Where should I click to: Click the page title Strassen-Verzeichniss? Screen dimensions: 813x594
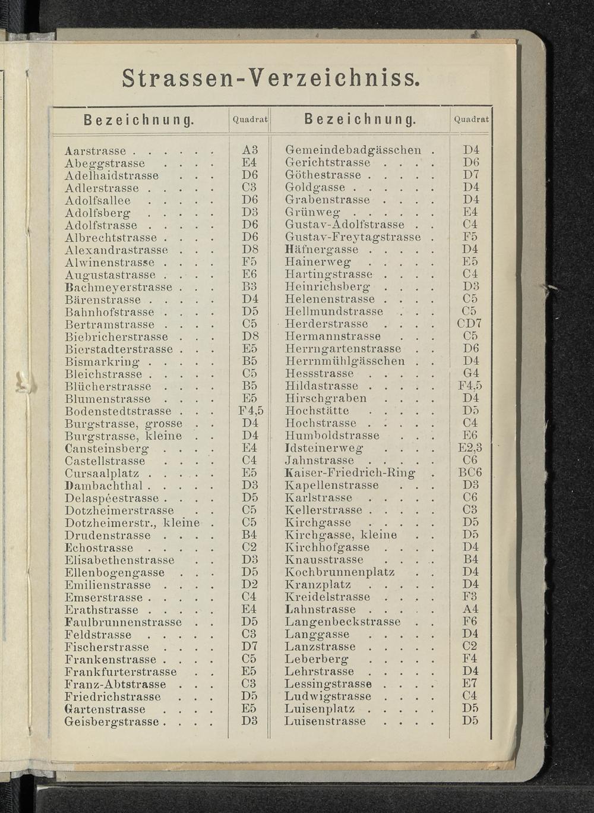271,77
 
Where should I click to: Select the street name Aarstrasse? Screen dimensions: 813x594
96,150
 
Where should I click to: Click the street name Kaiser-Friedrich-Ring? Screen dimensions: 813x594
350,473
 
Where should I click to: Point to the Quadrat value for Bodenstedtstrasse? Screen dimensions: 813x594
251,411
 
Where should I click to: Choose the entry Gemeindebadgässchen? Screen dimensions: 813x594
353,150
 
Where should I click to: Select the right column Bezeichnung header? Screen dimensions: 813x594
360,120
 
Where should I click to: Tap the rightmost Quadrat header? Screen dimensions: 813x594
471,119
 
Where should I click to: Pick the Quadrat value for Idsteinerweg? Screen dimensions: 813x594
470,448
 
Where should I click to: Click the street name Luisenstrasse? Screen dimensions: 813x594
326,721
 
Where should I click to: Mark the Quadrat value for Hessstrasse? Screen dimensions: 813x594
470,374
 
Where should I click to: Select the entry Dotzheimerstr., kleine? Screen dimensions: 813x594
132,523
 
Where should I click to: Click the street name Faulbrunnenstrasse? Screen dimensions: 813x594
124,622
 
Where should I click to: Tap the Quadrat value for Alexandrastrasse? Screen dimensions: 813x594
249,250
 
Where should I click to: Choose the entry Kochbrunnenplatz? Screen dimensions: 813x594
340,572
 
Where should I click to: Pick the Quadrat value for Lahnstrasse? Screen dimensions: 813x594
470,609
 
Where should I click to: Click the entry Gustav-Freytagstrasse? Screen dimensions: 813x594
353,237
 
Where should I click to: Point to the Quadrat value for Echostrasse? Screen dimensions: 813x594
249,548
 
